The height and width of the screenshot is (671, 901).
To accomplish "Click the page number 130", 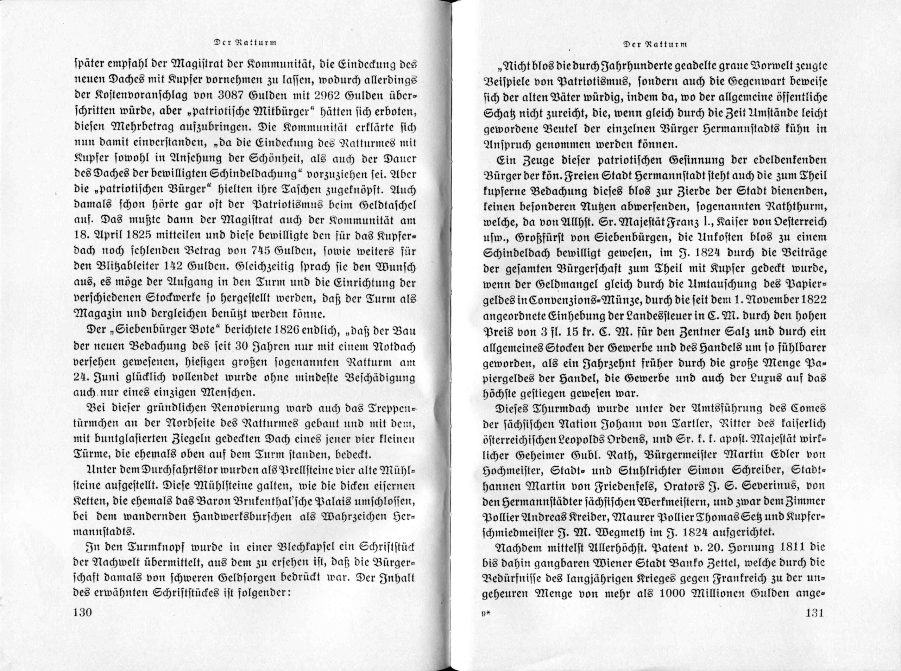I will pos(83,624).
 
